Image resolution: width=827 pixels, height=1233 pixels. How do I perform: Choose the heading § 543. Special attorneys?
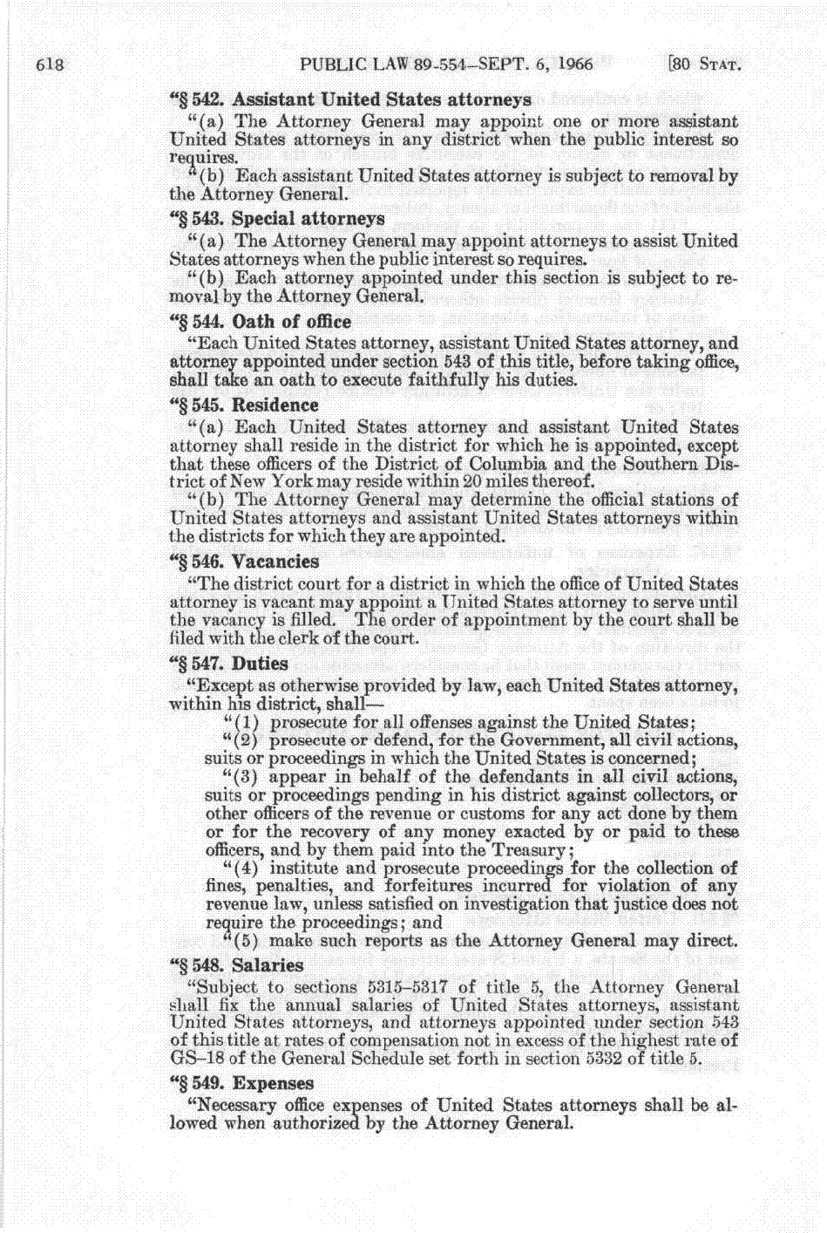[x=276, y=218]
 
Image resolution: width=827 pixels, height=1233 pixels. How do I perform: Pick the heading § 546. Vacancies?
[x=244, y=562]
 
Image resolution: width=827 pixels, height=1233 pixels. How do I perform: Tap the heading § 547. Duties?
[x=228, y=663]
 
